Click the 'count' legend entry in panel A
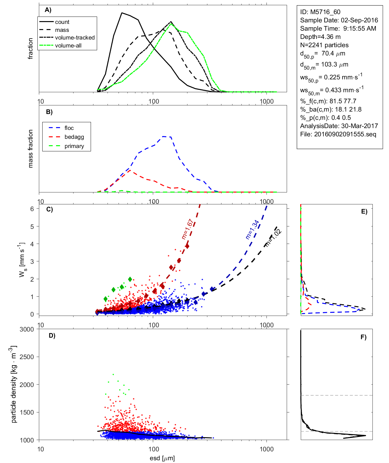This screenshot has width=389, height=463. [62, 22]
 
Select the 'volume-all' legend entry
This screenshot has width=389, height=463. [68, 46]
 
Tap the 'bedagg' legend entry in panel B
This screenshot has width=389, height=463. [74, 137]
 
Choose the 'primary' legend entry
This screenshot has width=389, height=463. [74, 146]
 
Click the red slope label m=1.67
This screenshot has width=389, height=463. [187, 229]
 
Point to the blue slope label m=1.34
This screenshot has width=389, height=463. [252, 230]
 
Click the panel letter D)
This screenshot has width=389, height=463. [52, 336]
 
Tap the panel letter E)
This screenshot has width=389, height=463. [364, 211]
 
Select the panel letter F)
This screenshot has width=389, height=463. [363, 337]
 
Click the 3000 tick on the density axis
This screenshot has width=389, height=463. [27, 329]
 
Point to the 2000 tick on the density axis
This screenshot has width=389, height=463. [27, 385]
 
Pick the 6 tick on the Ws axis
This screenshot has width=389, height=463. [32, 209]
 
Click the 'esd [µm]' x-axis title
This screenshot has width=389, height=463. [162, 458]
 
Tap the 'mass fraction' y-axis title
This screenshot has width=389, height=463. [31, 149]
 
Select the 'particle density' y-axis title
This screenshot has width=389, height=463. [14, 385]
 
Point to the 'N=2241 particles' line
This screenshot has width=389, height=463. [324, 45]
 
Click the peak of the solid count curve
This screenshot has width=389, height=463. [122, 13]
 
